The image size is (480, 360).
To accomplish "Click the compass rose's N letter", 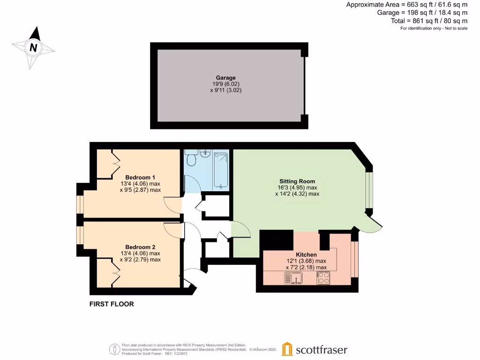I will (33, 47).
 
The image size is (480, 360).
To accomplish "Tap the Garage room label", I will (225, 78).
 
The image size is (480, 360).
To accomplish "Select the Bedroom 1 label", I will (140, 177).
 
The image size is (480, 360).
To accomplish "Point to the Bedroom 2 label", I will (140, 247).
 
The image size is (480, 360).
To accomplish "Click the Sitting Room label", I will (297, 181).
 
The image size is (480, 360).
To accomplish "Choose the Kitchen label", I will (306, 255).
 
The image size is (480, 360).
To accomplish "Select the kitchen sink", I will (293, 279).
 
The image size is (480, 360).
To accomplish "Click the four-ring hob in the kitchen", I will (323, 278).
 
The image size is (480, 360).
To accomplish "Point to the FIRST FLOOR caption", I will (112, 304).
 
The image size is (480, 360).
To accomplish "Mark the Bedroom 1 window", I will (80, 204).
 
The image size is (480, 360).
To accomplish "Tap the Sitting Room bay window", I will (369, 190).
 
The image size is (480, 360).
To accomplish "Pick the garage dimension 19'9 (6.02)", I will (225, 84).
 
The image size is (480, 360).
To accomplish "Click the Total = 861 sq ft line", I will (429, 21).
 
